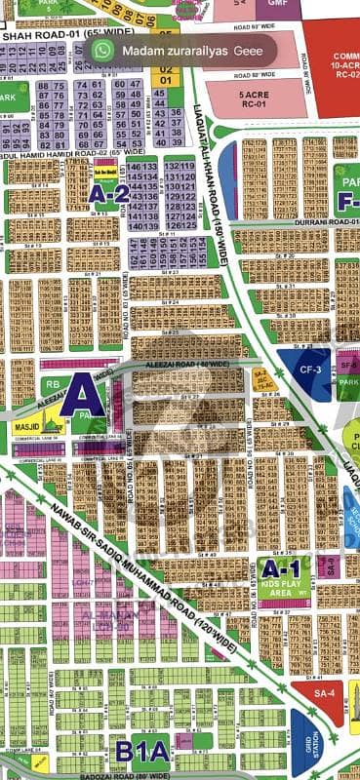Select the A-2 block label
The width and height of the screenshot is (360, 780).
click(108, 194)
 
